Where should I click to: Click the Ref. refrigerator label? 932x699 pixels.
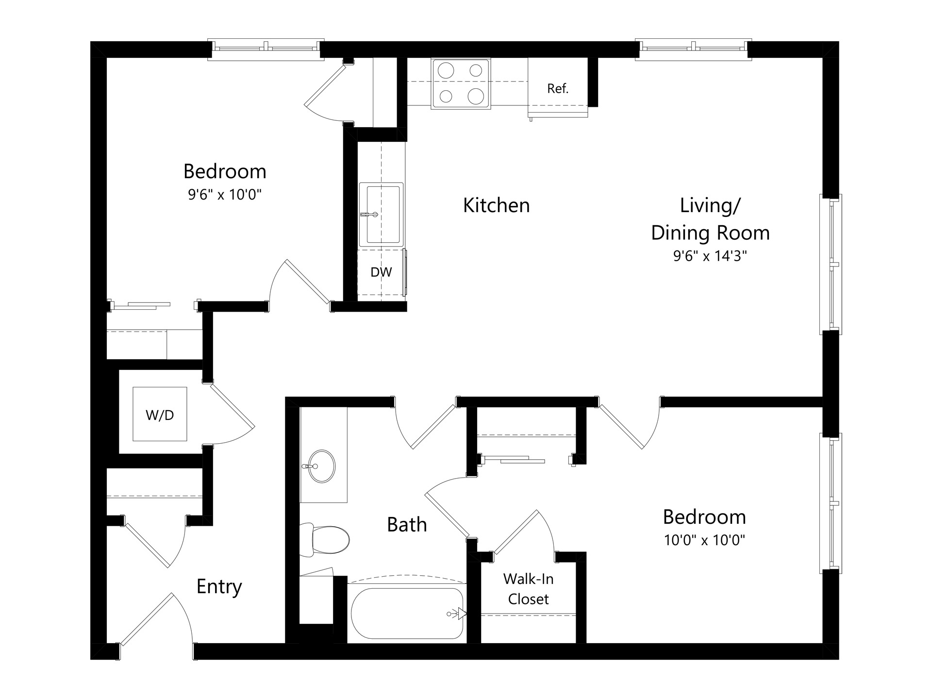pyautogui.click(x=557, y=88)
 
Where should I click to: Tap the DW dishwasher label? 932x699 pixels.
pyautogui.click(x=381, y=272)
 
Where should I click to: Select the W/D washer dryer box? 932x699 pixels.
pyautogui.click(x=160, y=414)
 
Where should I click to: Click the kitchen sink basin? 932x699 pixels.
pyautogui.click(x=382, y=214)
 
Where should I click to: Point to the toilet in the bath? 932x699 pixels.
pyautogui.click(x=324, y=540)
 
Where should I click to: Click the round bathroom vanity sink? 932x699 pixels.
pyautogui.click(x=322, y=466)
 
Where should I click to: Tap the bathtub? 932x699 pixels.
pyautogui.click(x=407, y=614)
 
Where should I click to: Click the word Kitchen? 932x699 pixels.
pyautogui.click(x=496, y=205)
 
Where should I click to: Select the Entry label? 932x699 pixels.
pyautogui.click(x=219, y=587)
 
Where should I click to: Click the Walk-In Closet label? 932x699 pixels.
pyautogui.click(x=528, y=589)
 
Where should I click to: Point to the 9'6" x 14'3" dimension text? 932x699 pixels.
pyautogui.click(x=710, y=256)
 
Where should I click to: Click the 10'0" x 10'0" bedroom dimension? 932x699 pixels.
pyautogui.click(x=704, y=540)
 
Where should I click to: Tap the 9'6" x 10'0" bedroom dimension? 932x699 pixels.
pyautogui.click(x=225, y=195)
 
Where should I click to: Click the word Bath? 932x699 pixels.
pyautogui.click(x=407, y=525)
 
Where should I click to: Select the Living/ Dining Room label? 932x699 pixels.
pyautogui.click(x=710, y=219)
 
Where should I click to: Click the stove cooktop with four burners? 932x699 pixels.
pyautogui.click(x=461, y=83)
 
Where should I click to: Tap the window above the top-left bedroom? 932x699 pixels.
pyautogui.click(x=266, y=49)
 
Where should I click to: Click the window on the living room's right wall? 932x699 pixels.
pyautogui.click(x=831, y=264)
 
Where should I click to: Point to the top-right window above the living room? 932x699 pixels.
pyautogui.click(x=694, y=49)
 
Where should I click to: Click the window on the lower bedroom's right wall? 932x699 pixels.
pyautogui.click(x=831, y=503)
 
